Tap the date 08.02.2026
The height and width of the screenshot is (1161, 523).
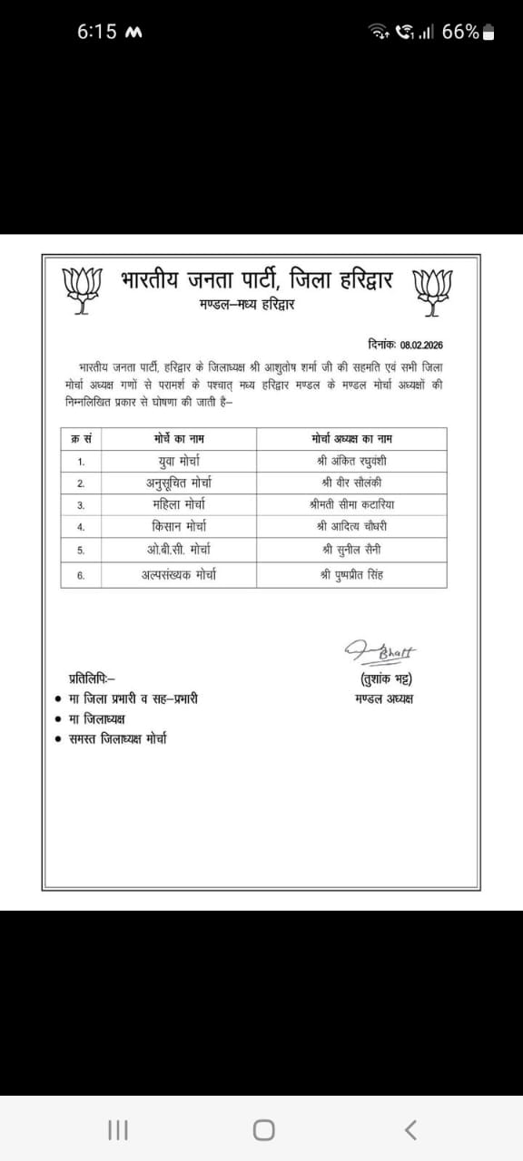421,345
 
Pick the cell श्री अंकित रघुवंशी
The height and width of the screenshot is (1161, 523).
351,461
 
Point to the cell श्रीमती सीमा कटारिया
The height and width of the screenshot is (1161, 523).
351,505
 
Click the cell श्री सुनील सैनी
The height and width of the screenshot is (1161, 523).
351,550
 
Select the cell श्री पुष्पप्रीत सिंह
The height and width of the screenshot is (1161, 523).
351,574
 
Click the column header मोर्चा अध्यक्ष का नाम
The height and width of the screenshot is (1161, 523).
351,439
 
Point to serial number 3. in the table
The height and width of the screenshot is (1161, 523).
81,505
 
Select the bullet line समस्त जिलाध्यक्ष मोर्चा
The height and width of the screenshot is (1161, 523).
117,739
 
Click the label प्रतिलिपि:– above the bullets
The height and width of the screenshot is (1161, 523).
92,678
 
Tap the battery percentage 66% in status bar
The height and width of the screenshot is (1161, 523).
460,32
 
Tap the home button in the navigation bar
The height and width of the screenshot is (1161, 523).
263,1129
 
